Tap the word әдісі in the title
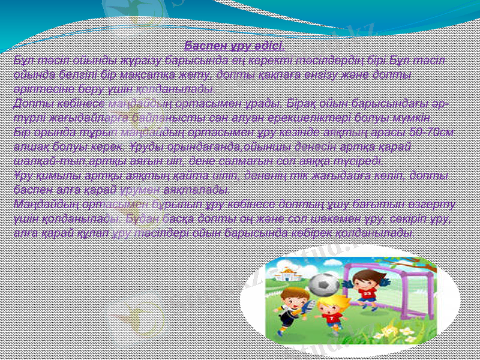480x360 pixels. tap(268, 46)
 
